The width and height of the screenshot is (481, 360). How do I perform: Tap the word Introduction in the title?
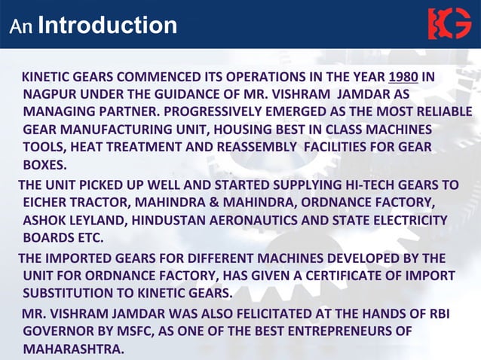[x=107, y=26]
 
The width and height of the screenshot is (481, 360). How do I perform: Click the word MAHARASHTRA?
[x=72, y=349]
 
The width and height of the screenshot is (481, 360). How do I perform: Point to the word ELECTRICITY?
[x=410, y=220]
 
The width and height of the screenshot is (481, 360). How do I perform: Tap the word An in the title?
[x=20, y=27]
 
